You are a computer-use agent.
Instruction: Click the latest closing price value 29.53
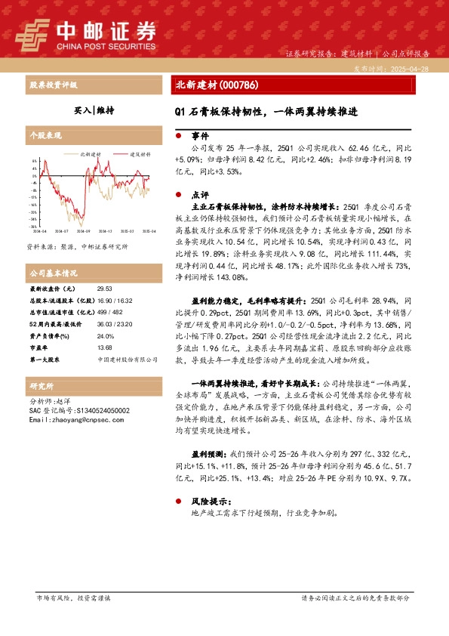point(105,289)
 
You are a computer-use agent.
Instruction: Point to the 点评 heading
point(200,193)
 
